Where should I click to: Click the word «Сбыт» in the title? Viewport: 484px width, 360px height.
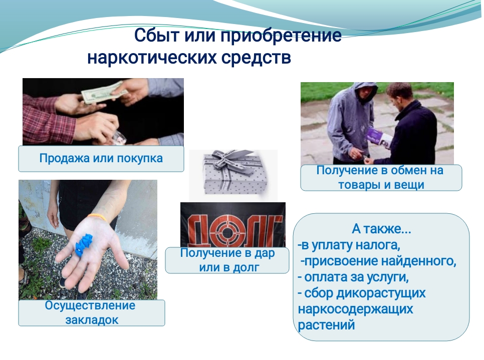point(157,35)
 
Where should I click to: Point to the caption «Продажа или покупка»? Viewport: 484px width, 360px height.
point(101,158)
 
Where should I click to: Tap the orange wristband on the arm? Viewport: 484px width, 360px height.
point(98,217)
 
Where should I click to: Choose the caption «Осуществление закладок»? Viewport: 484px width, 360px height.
point(90,312)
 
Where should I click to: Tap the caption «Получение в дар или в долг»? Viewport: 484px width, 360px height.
point(227,260)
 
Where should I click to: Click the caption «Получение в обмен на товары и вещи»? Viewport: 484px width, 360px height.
point(380,178)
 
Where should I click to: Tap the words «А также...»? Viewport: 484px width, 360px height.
point(381,229)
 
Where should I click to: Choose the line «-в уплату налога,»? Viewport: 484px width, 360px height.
point(349,245)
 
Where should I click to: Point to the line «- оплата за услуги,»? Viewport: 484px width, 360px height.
point(353,277)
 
